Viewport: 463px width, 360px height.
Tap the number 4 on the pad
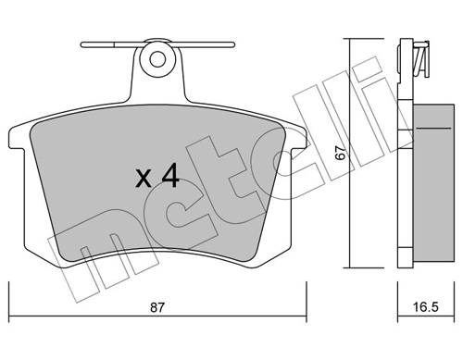[x=170, y=176]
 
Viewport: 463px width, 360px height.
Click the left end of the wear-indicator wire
[x=84, y=43]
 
